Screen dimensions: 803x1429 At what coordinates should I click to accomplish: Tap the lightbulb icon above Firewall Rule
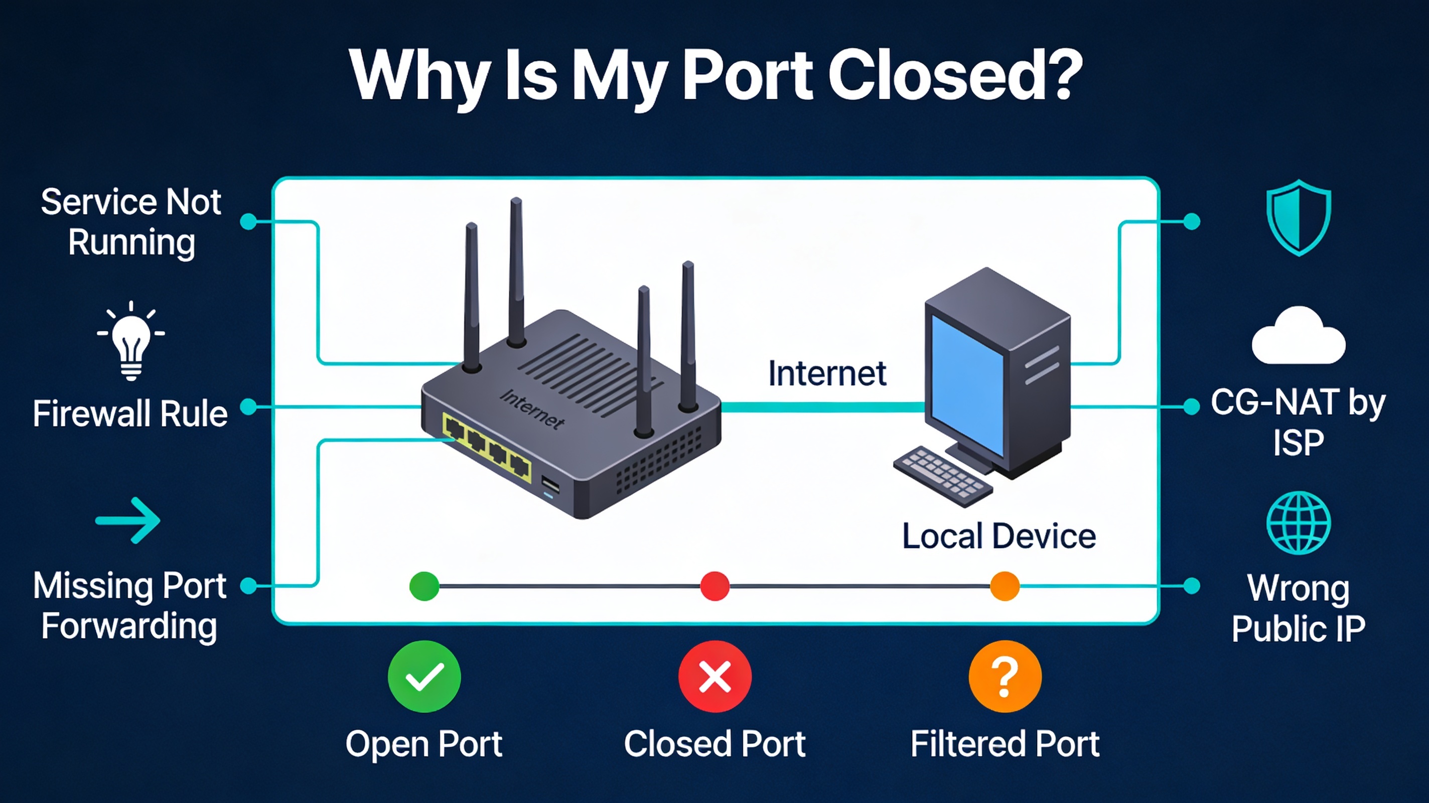point(131,341)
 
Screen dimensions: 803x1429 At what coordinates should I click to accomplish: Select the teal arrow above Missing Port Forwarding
point(128,520)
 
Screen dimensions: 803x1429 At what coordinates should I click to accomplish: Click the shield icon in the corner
point(1299,217)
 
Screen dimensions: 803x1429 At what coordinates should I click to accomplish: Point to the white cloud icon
point(1298,337)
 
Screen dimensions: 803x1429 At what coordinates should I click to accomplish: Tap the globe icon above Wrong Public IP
point(1298,523)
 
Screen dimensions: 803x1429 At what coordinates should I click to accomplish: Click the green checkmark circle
point(424,677)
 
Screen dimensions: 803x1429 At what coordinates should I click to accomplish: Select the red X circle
point(714,677)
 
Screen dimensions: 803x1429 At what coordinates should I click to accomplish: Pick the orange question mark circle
point(1005,677)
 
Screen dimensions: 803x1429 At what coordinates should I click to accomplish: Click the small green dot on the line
point(424,586)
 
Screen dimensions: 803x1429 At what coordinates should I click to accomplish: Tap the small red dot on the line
point(714,586)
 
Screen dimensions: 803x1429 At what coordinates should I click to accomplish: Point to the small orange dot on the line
point(1005,586)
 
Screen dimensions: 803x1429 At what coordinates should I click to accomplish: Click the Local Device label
point(998,536)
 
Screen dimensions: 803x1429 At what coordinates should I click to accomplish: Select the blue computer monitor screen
point(966,383)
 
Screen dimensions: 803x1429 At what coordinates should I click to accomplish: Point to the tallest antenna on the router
point(516,272)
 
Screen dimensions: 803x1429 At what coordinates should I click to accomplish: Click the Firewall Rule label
point(130,414)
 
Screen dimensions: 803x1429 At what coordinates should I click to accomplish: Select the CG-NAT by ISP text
point(1298,422)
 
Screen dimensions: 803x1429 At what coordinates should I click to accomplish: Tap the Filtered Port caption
point(1005,744)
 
